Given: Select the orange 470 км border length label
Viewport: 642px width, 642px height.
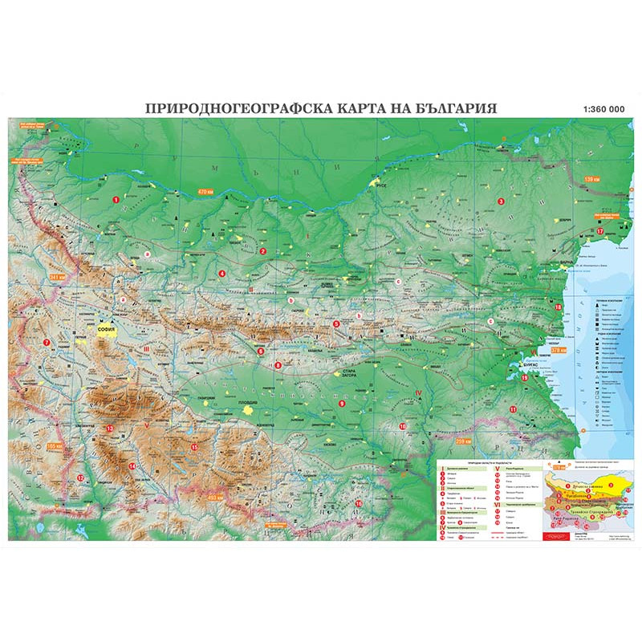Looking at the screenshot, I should [x=208, y=191].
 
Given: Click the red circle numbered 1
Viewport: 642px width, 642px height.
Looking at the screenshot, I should [x=116, y=198].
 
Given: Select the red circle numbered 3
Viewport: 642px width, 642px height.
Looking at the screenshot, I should [x=501, y=201].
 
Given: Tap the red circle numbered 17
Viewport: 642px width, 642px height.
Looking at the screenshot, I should [x=599, y=230].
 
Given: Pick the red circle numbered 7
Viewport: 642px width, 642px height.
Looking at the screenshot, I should [x=47, y=343].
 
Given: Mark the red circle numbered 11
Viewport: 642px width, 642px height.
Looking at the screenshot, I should [x=513, y=409].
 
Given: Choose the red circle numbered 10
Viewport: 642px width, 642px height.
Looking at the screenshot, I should [x=402, y=425].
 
